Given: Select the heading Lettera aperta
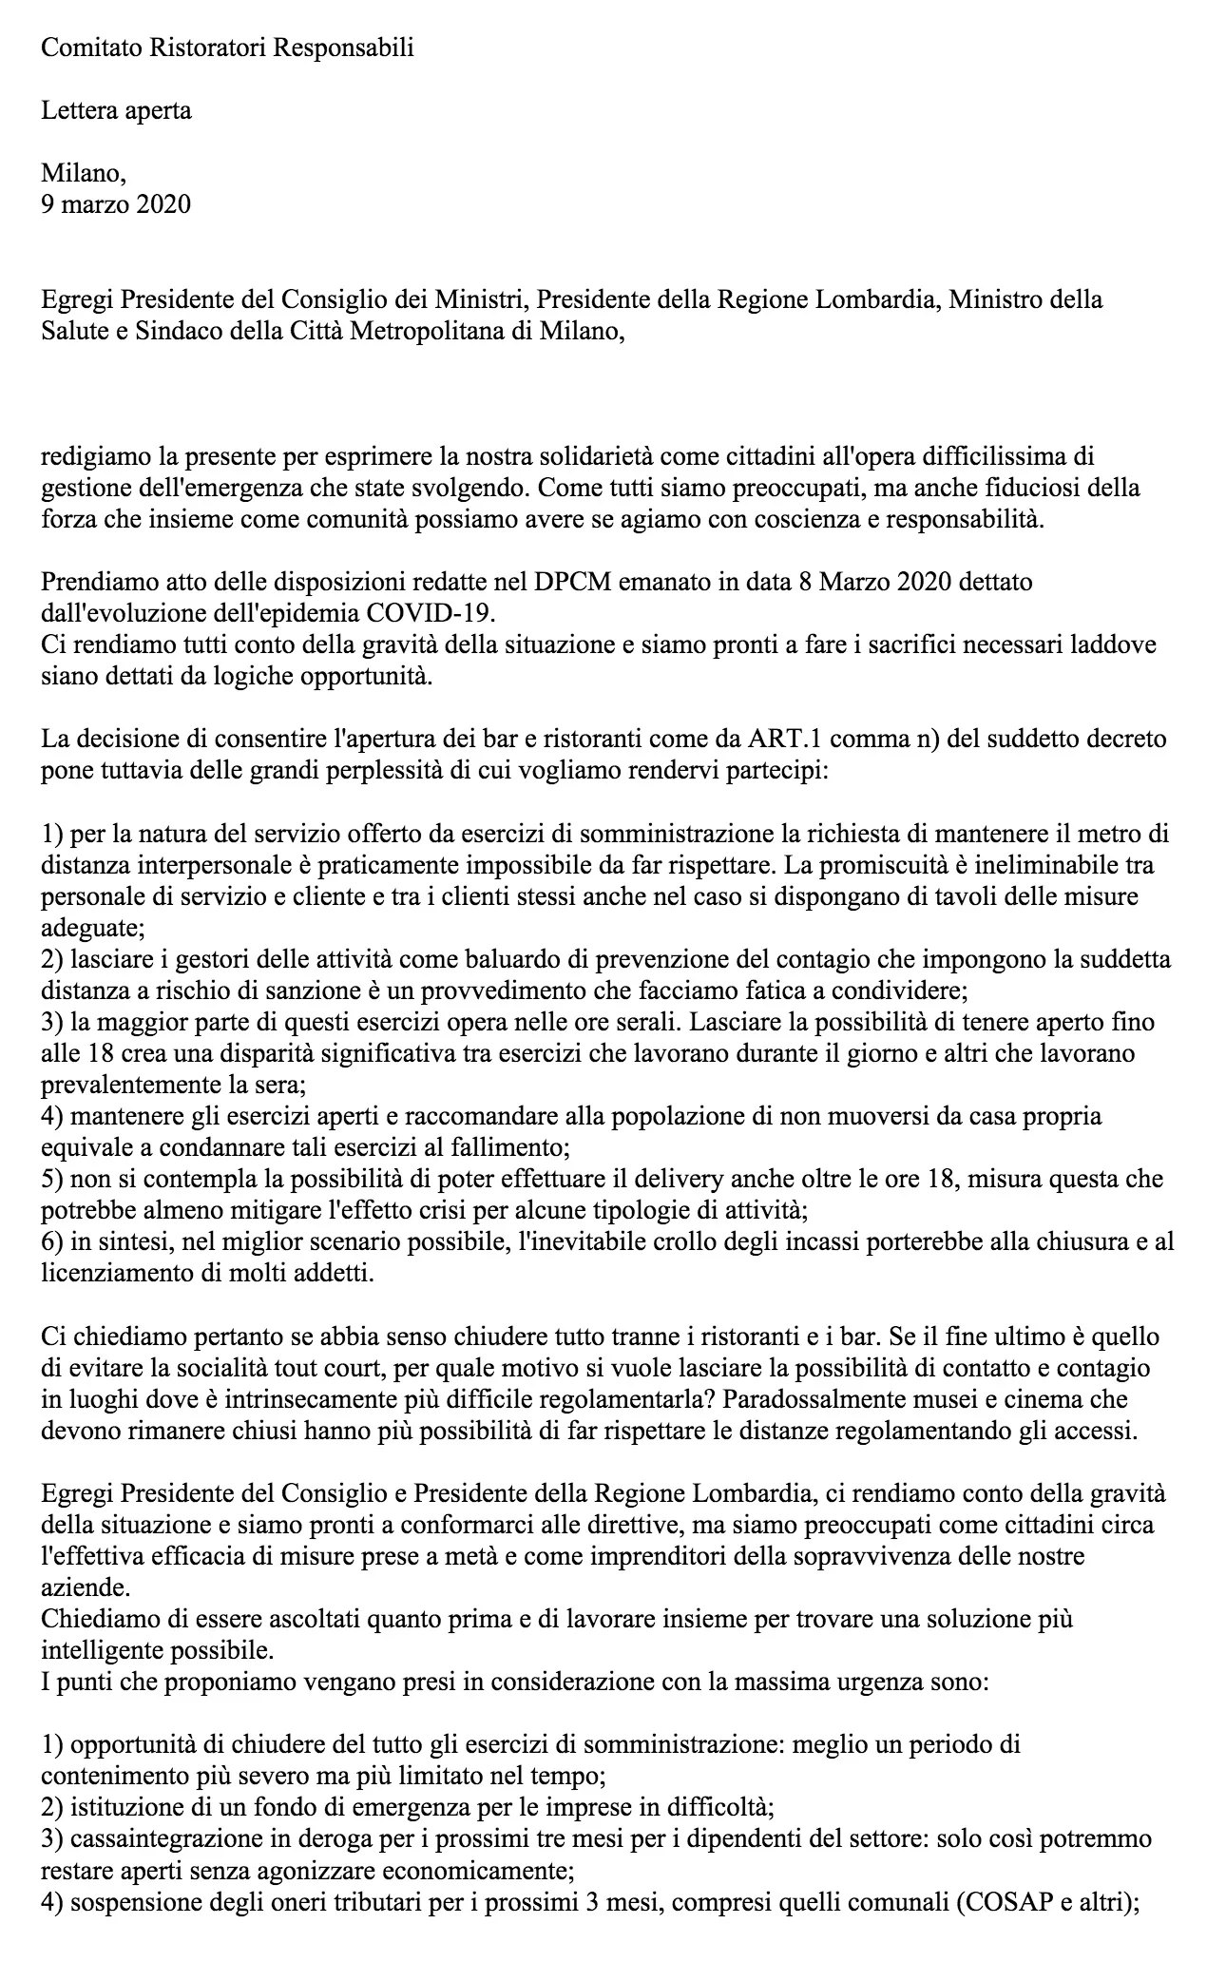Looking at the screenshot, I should (116, 110).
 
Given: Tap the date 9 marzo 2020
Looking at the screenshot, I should (116, 203).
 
